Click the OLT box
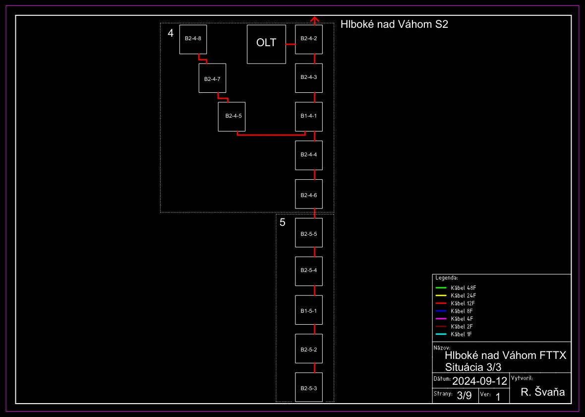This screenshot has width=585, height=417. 266,44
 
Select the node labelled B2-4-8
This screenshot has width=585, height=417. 193,39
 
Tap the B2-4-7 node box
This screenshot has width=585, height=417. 212,78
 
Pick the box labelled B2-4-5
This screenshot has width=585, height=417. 232,117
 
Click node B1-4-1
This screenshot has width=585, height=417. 309,117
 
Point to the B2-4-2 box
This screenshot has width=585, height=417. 309,39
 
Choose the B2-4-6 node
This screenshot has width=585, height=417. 309,194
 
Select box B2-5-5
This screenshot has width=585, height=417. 309,233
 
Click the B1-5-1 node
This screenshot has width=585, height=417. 309,310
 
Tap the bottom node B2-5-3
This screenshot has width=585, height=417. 309,387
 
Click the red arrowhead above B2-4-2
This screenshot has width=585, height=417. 314,19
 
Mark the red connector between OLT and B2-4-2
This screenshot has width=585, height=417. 291,44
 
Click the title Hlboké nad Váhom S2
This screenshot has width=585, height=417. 394,24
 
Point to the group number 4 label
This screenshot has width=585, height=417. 171,33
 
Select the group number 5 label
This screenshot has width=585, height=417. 283,222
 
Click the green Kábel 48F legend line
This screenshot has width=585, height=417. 441,288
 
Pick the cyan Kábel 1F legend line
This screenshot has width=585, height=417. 441,334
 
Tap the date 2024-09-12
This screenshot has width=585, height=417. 479,381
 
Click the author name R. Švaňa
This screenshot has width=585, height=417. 543,393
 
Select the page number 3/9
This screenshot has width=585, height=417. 464,396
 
